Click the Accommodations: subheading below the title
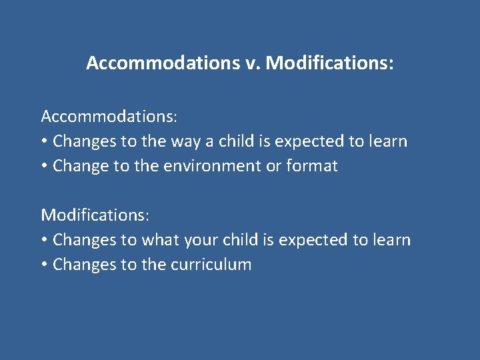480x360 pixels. click(x=109, y=117)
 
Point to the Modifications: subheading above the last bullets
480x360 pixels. click(x=95, y=215)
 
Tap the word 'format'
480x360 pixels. click(x=312, y=166)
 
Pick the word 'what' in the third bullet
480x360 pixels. click(x=159, y=240)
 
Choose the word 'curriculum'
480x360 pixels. click(x=211, y=265)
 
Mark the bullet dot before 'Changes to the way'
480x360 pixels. click(x=44, y=142)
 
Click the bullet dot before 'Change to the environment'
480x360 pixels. click(x=44, y=167)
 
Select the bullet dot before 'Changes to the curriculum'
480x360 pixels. click(x=44, y=265)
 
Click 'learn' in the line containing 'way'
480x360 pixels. click(x=387, y=141)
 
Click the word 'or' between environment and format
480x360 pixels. click(x=274, y=166)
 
